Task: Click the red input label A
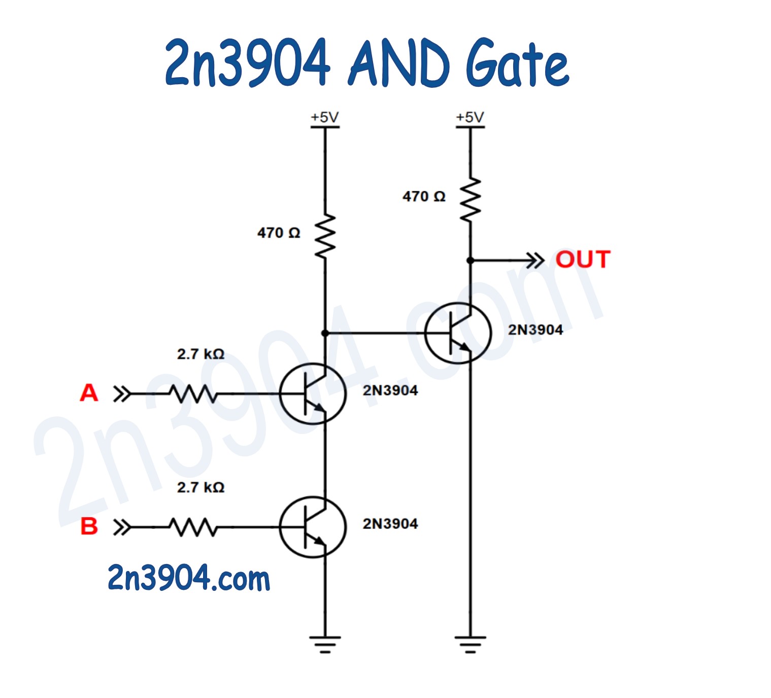tap(89, 393)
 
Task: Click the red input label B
tap(89, 526)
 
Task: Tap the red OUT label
tap(583, 259)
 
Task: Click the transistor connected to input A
tap(313, 393)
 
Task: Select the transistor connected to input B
tap(313, 527)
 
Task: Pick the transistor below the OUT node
tap(458, 333)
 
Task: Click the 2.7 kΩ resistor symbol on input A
tap(193, 393)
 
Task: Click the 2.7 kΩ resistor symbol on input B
tap(193, 527)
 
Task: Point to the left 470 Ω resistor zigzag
tap(325, 236)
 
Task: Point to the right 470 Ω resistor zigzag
tap(471, 200)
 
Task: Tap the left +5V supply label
tap(325, 117)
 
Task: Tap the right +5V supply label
tap(470, 117)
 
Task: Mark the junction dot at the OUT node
tap(471, 260)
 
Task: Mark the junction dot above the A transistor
tap(325, 333)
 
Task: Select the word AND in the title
tap(398, 63)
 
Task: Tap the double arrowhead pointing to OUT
tap(535, 260)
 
